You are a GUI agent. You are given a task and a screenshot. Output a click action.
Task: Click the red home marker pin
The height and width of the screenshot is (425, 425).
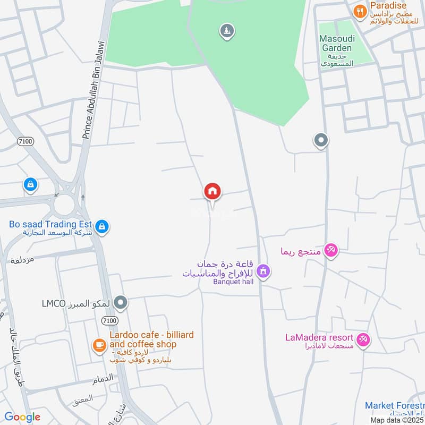tap(212, 192)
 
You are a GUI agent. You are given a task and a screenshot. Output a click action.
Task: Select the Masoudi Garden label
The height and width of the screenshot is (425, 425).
tap(335, 44)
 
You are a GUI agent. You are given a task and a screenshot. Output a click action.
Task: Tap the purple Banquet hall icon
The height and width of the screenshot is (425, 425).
tap(262, 272)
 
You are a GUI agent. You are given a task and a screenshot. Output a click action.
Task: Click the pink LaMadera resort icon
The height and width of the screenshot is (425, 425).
tap(363, 339)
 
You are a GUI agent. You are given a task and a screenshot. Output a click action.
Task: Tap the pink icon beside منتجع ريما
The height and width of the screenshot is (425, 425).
tap(331, 250)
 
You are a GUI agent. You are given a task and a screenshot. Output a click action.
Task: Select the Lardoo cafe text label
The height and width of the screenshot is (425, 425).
tap(151, 340)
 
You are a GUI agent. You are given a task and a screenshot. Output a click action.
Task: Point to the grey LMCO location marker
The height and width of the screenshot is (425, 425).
tap(121, 303)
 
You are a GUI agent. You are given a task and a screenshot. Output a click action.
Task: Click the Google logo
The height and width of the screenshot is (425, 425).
tap(22, 417)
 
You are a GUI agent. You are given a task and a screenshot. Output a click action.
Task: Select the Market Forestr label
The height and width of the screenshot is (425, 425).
tap(394, 406)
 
